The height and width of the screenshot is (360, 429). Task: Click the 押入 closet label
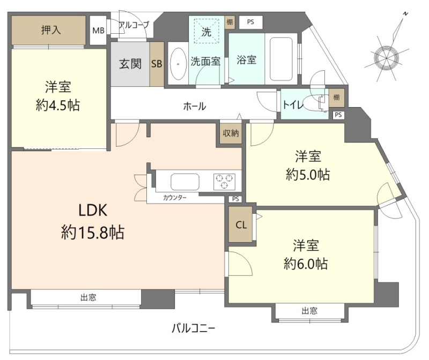click(x=51, y=30)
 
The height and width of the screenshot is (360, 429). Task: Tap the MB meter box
click(x=98, y=31)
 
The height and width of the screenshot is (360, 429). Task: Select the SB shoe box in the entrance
click(x=157, y=64)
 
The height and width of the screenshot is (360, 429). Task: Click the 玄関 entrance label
click(x=130, y=64)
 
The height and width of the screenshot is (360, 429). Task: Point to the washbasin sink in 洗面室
click(x=178, y=64)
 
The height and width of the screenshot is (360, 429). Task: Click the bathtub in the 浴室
click(x=281, y=58)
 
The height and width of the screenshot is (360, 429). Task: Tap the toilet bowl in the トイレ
click(x=315, y=103)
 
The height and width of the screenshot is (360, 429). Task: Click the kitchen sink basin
click(x=185, y=182)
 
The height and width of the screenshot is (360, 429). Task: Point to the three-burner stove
click(x=224, y=182)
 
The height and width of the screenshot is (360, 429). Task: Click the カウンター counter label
click(x=175, y=198)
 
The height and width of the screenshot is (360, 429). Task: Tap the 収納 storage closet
click(x=231, y=133)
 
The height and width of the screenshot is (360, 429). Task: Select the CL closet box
click(x=240, y=224)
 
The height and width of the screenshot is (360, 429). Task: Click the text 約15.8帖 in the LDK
click(x=93, y=232)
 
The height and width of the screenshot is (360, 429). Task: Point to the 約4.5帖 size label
click(x=58, y=105)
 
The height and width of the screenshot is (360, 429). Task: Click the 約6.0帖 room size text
click(x=306, y=264)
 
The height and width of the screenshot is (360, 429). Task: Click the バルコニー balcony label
click(x=194, y=328)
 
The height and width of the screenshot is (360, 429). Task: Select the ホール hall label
click(x=195, y=106)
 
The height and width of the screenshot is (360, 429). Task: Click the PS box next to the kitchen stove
click(x=235, y=199)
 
